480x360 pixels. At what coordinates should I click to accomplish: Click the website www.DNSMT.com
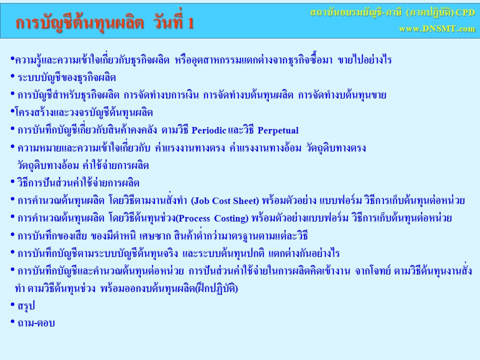tap(437, 29)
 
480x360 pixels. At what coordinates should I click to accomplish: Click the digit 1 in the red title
tap(190, 23)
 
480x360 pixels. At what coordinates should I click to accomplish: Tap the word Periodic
tap(209, 130)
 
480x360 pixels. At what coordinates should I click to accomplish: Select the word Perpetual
tap(278, 130)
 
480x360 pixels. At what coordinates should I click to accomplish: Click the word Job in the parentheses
tap(201, 201)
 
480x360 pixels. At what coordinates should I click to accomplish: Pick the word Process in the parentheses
tap(194, 218)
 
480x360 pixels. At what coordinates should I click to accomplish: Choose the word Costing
tap(229, 218)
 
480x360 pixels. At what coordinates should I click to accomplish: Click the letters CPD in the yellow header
tap(465, 12)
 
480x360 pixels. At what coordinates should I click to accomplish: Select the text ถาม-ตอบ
tap(36, 323)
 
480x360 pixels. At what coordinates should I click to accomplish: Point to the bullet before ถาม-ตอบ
tap(12, 321)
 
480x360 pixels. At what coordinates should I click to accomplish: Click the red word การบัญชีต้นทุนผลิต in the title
tap(79, 22)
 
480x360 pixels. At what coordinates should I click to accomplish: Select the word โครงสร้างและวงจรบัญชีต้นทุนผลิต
tap(84, 112)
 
